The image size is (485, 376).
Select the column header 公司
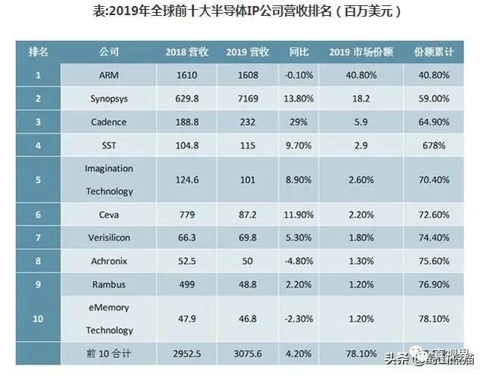(109, 52)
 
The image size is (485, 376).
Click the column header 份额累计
(433, 52)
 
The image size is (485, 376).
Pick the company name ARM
(109, 75)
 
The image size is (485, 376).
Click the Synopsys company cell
(109, 99)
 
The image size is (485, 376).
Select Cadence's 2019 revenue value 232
(247, 121)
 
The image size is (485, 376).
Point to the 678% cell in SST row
(433, 144)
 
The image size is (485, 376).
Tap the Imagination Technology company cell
(109, 180)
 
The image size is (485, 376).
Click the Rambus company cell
(109, 284)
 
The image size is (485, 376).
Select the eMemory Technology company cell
(109, 319)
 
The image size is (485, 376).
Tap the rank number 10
(38, 319)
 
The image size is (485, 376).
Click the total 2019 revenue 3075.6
(247, 353)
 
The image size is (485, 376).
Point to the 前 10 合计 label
(109, 353)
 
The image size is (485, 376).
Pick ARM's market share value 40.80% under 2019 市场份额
(360, 75)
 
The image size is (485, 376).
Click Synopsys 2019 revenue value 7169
(247, 99)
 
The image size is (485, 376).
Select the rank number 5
(38, 180)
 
